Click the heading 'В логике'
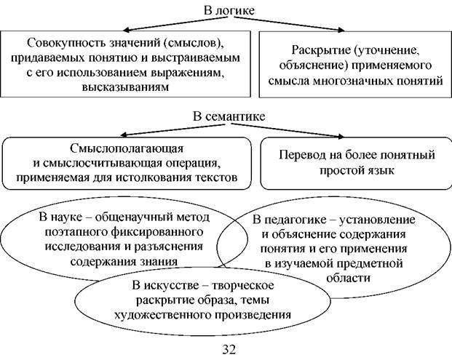tap(229, 11)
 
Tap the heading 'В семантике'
tap(229, 116)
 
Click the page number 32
tap(229, 349)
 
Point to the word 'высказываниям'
tap(125, 87)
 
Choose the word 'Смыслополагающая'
tap(127, 148)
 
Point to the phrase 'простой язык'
tap(357, 170)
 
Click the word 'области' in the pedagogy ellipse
tap(348, 279)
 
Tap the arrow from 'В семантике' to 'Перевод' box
tap(287, 130)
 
